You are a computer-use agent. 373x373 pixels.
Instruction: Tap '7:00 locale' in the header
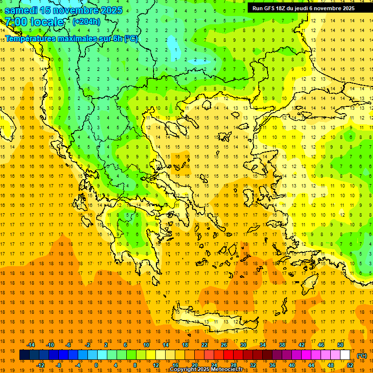pyautogui.click(x=34, y=22)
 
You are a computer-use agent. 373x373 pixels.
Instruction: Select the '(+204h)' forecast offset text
pyautogui.click(x=86, y=21)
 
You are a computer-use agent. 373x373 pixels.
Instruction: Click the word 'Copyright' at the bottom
pyautogui.click(x=184, y=370)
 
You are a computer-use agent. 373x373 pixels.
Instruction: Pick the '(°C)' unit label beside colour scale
pyautogui.click(x=361, y=356)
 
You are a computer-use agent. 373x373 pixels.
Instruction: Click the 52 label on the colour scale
pyautogui.click(x=350, y=365)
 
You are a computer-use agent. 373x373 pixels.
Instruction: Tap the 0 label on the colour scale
pyautogui.click(x=96, y=365)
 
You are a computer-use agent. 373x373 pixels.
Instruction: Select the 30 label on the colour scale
pyautogui.click(x=243, y=345)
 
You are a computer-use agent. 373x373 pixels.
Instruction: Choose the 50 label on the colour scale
pyautogui.click(x=340, y=345)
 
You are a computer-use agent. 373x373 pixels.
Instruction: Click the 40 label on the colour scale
pyautogui.click(x=292, y=365)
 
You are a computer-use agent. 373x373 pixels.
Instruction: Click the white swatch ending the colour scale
pyautogui.click(x=345, y=355)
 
